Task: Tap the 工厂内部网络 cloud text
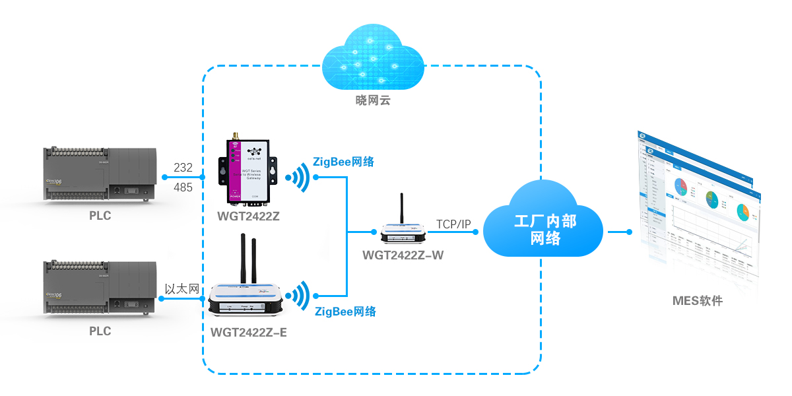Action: pos(544,228)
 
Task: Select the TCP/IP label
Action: pos(453,225)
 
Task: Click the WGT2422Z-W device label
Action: pos(403,255)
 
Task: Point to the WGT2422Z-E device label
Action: pos(248,332)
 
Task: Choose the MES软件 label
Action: pos(698,301)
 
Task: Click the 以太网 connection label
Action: pos(181,288)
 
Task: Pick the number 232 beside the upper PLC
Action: pos(183,168)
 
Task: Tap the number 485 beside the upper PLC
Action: pos(183,187)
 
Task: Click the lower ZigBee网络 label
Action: pos(345,312)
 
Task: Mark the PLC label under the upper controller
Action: pos(100,216)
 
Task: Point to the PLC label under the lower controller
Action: pos(100,331)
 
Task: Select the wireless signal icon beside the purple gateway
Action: pos(298,178)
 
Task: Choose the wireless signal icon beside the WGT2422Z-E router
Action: pos(298,296)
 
